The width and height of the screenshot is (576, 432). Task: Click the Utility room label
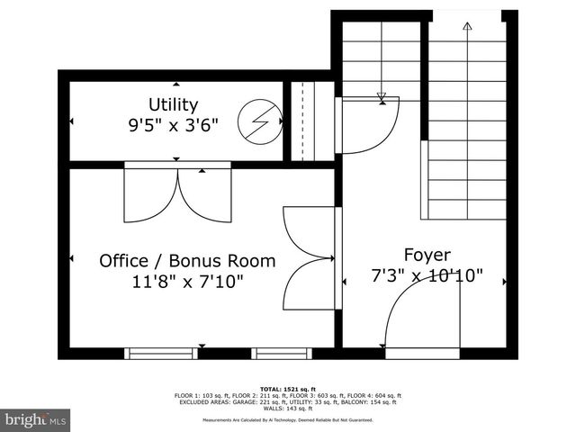[174, 105]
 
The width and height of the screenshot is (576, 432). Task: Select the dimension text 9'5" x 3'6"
[174, 126]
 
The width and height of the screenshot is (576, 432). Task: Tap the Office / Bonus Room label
[187, 261]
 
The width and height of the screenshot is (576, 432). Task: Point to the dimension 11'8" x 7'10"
[187, 282]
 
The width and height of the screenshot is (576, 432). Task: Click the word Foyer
[427, 256]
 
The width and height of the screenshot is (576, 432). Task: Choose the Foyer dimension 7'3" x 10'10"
[427, 276]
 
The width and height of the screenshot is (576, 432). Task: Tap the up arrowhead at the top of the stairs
[466, 26]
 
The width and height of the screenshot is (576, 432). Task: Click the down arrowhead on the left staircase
[382, 96]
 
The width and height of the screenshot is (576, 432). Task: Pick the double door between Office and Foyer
[310, 258]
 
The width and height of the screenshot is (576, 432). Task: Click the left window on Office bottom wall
[160, 353]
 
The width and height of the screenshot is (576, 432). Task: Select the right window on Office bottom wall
[281, 353]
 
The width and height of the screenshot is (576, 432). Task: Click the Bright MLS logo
[36, 419]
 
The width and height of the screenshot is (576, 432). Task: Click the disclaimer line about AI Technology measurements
[287, 420]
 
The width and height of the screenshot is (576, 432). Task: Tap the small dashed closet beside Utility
[301, 121]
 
